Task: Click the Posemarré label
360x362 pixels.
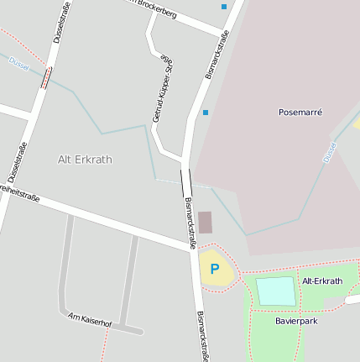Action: pyautogui.click(x=300, y=112)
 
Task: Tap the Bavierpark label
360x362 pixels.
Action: pyautogui.click(x=296, y=320)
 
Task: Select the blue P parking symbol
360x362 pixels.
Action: pyautogui.click(x=215, y=269)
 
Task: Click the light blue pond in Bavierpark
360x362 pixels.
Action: pyautogui.click(x=275, y=291)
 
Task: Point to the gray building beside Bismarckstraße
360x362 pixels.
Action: pyautogui.click(x=206, y=223)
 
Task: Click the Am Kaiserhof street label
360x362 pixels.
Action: pyautogui.click(x=90, y=317)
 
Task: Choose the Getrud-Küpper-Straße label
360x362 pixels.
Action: pyautogui.click(x=163, y=89)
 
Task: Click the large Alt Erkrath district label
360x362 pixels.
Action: pyautogui.click(x=84, y=159)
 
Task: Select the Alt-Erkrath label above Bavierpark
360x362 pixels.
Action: pyautogui.click(x=322, y=281)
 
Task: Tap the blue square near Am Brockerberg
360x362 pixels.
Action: pyautogui.click(x=224, y=7)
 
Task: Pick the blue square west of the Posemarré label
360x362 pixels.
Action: pyautogui.click(x=205, y=112)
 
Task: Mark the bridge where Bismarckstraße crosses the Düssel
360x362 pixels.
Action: pyautogui.click(x=185, y=181)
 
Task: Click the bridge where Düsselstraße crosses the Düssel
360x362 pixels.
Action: pyautogui.click(x=47, y=77)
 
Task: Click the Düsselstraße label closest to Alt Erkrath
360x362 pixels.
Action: pyautogui.click(x=18, y=163)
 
